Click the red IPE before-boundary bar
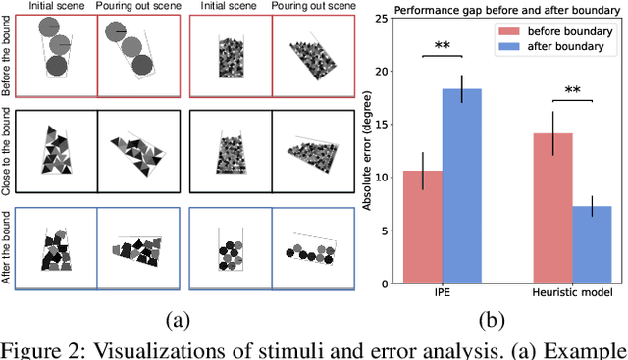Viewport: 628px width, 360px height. pos(422,228)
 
